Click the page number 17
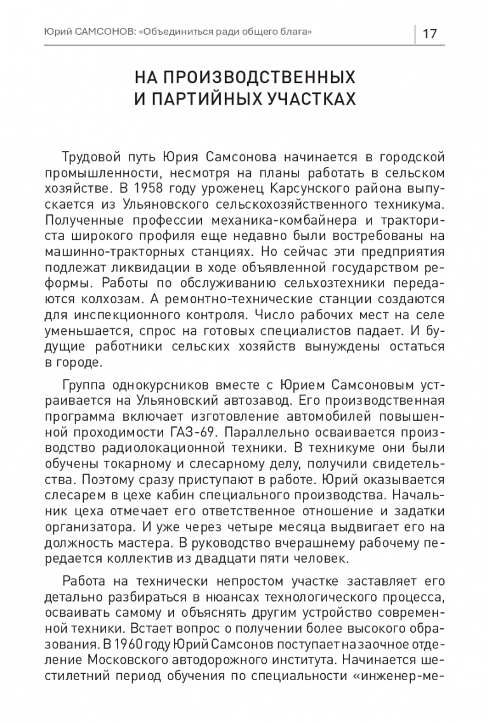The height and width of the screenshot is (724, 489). [429, 33]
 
